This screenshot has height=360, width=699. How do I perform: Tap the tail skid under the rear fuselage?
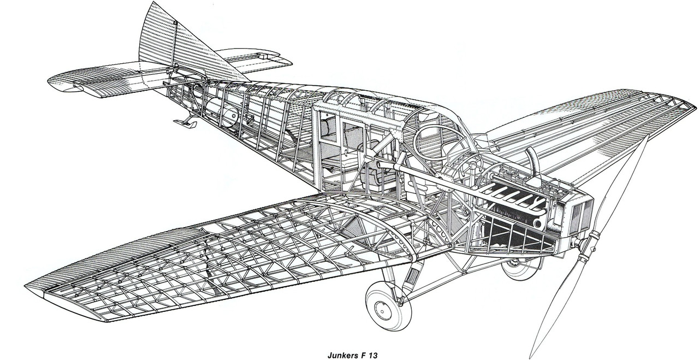pyautogui.click(x=185, y=122)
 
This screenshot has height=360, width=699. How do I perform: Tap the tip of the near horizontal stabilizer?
pyautogui.click(x=52, y=82)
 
